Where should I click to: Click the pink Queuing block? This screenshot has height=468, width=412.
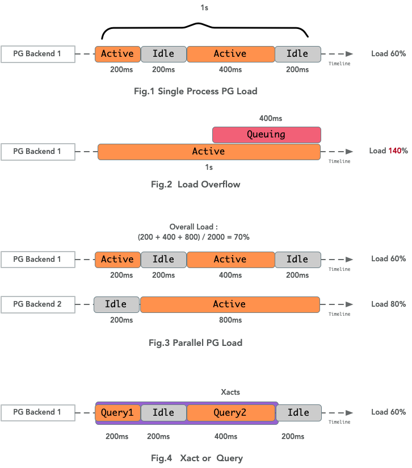pyautogui.click(x=266, y=135)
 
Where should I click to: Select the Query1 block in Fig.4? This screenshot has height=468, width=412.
pyautogui.click(x=117, y=413)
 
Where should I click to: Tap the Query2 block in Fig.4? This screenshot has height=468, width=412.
pyautogui.click(x=230, y=413)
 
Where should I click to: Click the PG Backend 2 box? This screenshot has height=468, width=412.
pyautogui.click(x=37, y=304)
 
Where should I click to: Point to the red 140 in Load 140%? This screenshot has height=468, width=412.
pyautogui.click(x=395, y=151)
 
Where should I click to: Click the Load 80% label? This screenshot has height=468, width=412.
pyautogui.click(x=388, y=304)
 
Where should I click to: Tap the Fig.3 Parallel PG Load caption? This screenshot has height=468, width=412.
pyautogui.click(x=195, y=342)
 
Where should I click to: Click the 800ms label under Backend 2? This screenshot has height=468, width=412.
pyautogui.click(x=230, y=320)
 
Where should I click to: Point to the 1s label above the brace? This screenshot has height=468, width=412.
pyautogui.click(x=204, y=9)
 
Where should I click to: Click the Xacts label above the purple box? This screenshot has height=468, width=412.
pyautogui.click(x=230, y=392)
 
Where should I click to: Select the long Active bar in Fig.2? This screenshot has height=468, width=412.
pyautogui.click(x=208, y=152)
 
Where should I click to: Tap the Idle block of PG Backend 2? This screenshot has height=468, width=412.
pyautogui.click(x=117, y=304)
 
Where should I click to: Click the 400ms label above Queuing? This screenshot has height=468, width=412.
pyautogui.click(x=270, y=119)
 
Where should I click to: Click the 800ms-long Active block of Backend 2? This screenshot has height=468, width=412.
pyautogui.click(x=230, y=304)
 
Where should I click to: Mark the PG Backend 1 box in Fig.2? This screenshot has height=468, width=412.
pyautogui.click(x=37, y=152)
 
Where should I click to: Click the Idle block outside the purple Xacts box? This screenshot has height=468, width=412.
pyautogui.click(x=298, y=413)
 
